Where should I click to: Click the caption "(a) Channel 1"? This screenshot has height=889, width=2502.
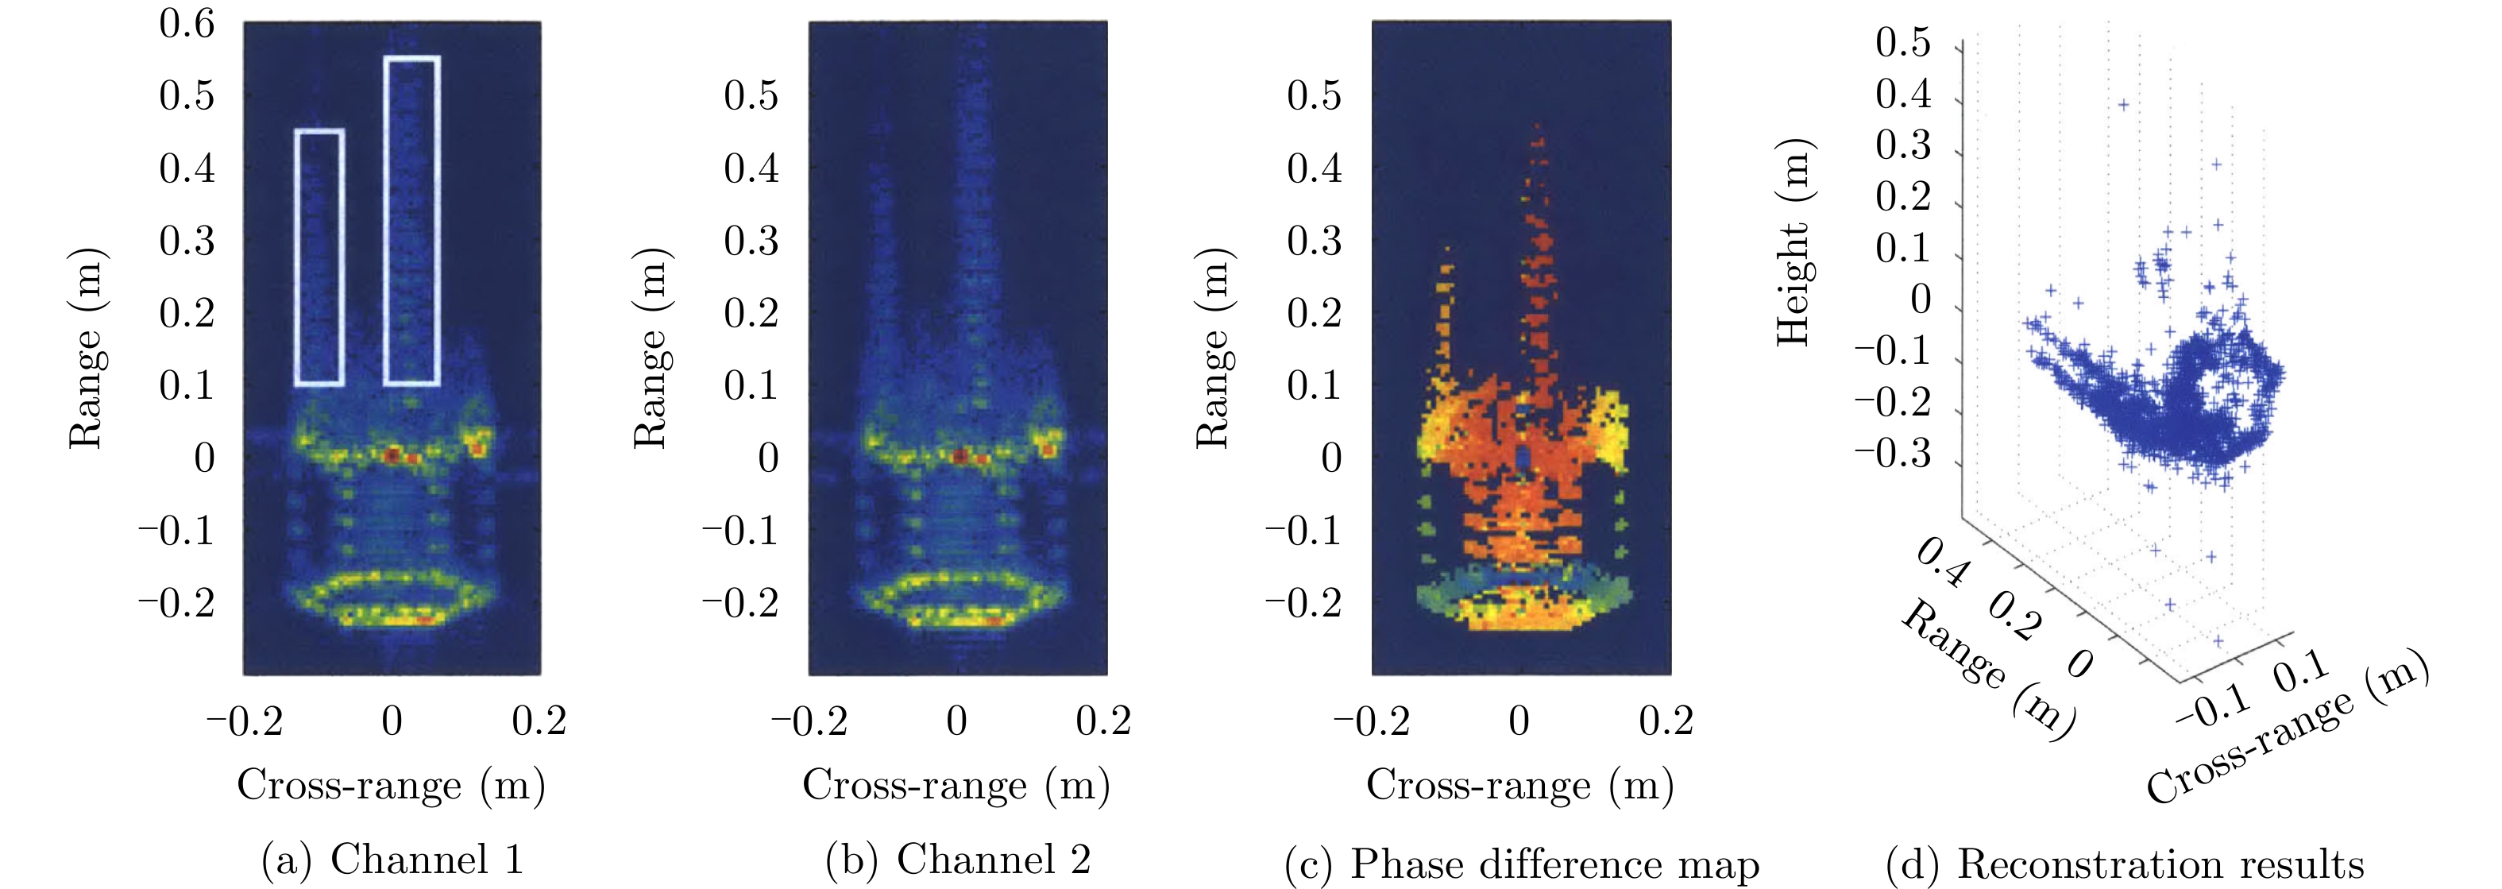pos(392,860)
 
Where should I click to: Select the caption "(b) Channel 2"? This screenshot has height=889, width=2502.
pos(958,860)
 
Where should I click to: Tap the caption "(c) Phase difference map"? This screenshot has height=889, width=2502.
pos(1521,864)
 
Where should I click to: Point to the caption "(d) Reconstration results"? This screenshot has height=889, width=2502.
pos(2124,864)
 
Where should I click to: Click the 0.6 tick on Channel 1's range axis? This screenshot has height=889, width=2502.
pos(187,23)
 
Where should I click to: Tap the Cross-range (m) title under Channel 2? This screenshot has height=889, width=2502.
pos(956,785)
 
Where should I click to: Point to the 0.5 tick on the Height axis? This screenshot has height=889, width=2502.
pos(1903,43)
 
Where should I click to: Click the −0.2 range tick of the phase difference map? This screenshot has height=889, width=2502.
pos(1303,603)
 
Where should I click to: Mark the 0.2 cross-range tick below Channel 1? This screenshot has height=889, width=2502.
pos(539,721)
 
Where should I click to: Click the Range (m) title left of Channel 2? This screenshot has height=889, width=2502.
pos(650,350)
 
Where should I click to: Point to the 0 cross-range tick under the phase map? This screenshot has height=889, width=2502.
pos(1519,721)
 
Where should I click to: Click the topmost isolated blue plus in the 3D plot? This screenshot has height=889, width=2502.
pos(2123,105)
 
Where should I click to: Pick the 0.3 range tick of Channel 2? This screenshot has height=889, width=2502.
pos(751,241)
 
